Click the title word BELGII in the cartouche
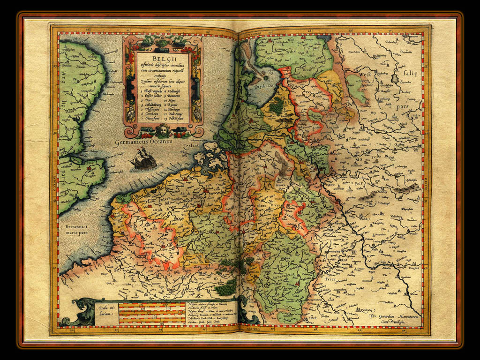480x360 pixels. pos(163,59)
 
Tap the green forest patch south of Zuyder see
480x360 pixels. pos(276,105)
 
